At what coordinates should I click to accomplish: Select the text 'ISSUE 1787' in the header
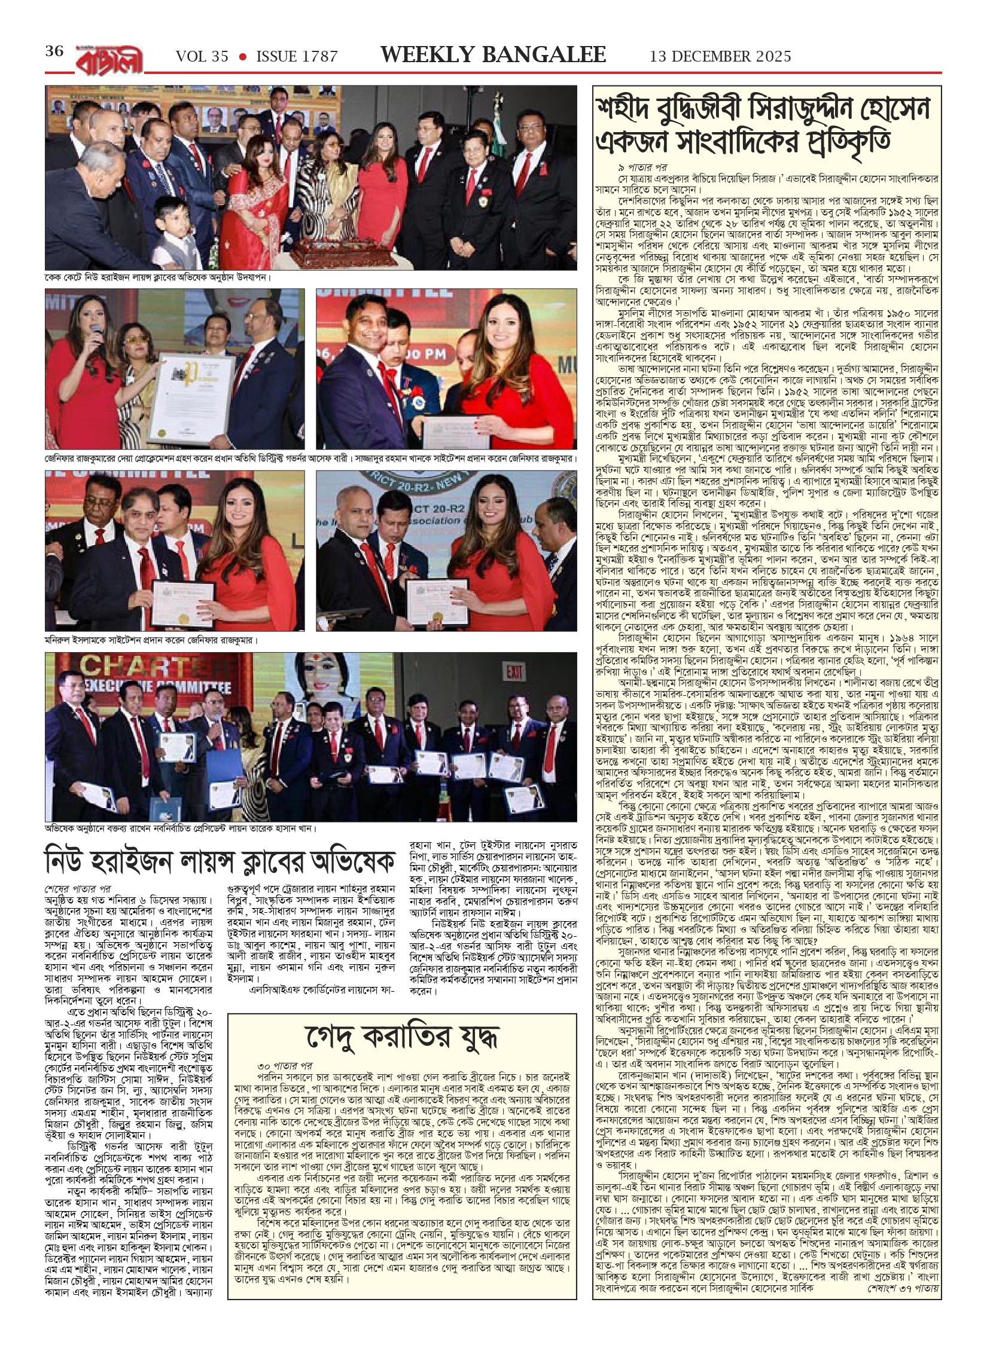[x=297, y=56]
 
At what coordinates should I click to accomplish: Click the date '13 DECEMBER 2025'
[x=720, y=56]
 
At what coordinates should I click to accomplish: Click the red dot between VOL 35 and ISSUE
[x=243, y=57]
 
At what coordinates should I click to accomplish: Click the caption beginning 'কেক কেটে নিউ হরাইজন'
[x=159, y=278]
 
